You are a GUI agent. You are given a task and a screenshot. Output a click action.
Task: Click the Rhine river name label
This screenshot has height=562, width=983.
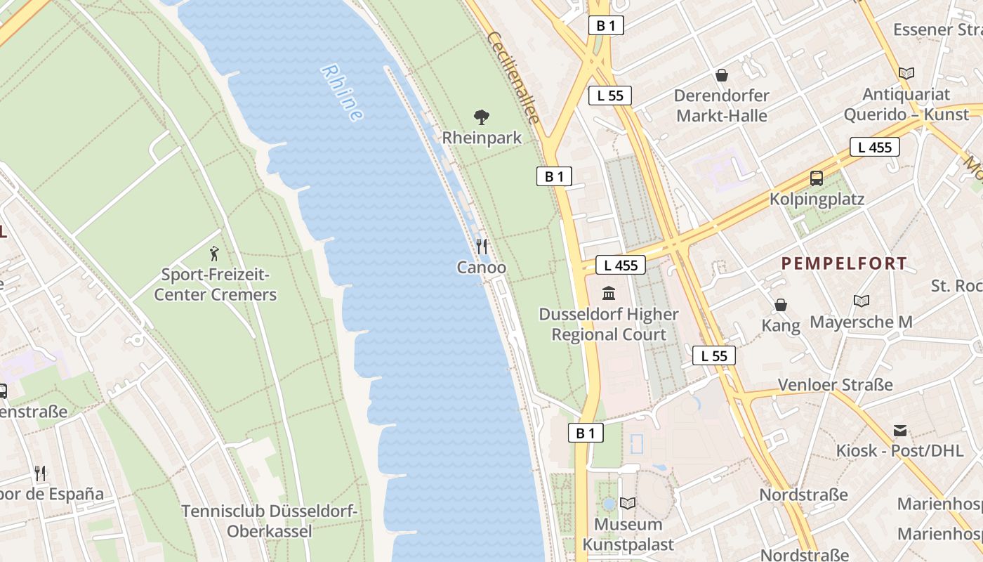[342, 93]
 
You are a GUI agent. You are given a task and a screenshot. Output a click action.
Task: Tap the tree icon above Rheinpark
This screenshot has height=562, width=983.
[482, 117]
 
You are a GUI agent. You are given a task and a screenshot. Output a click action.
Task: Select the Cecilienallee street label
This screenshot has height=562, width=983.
[514, 78]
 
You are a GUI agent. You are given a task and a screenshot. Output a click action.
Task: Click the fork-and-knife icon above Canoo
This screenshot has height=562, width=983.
[482, 246]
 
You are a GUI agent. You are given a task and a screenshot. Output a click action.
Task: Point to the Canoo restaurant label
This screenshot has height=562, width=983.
[482, 268]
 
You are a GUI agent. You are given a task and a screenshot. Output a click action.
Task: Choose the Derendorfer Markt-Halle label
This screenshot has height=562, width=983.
[721, 105]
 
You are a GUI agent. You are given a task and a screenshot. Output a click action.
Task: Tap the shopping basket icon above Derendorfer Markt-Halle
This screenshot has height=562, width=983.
[721, 74]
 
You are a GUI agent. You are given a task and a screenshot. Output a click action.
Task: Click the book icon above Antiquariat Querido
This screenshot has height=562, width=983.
[906, 73]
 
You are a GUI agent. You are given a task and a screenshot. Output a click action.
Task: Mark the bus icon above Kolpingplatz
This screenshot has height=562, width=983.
[817, 178]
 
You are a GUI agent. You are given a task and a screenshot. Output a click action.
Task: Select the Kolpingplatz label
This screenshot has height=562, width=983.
[817, 200]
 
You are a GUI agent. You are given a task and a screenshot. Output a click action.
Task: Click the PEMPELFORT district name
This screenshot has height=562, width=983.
[844, 264]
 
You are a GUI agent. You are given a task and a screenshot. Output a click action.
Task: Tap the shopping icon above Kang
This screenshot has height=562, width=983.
[781, 305]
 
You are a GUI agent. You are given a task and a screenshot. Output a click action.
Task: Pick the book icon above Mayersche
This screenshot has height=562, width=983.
[862, 301]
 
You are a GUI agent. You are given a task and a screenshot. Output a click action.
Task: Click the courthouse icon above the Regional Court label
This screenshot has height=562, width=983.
[609, 292]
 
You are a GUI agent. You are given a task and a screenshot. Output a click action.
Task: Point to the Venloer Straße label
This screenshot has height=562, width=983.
[836, 385]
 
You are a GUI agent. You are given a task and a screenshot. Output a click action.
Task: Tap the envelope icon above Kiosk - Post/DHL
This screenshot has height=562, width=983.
[900, 430]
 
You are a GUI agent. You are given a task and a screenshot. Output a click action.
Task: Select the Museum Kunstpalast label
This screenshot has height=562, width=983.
[628, 535]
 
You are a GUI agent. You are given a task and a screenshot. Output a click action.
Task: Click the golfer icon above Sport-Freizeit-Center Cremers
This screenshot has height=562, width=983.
[215, 254]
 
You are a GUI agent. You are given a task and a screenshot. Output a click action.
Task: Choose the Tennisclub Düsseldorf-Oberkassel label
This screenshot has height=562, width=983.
[270, 521]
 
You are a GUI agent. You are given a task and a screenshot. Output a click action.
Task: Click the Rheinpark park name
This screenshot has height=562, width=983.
[482, 138]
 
